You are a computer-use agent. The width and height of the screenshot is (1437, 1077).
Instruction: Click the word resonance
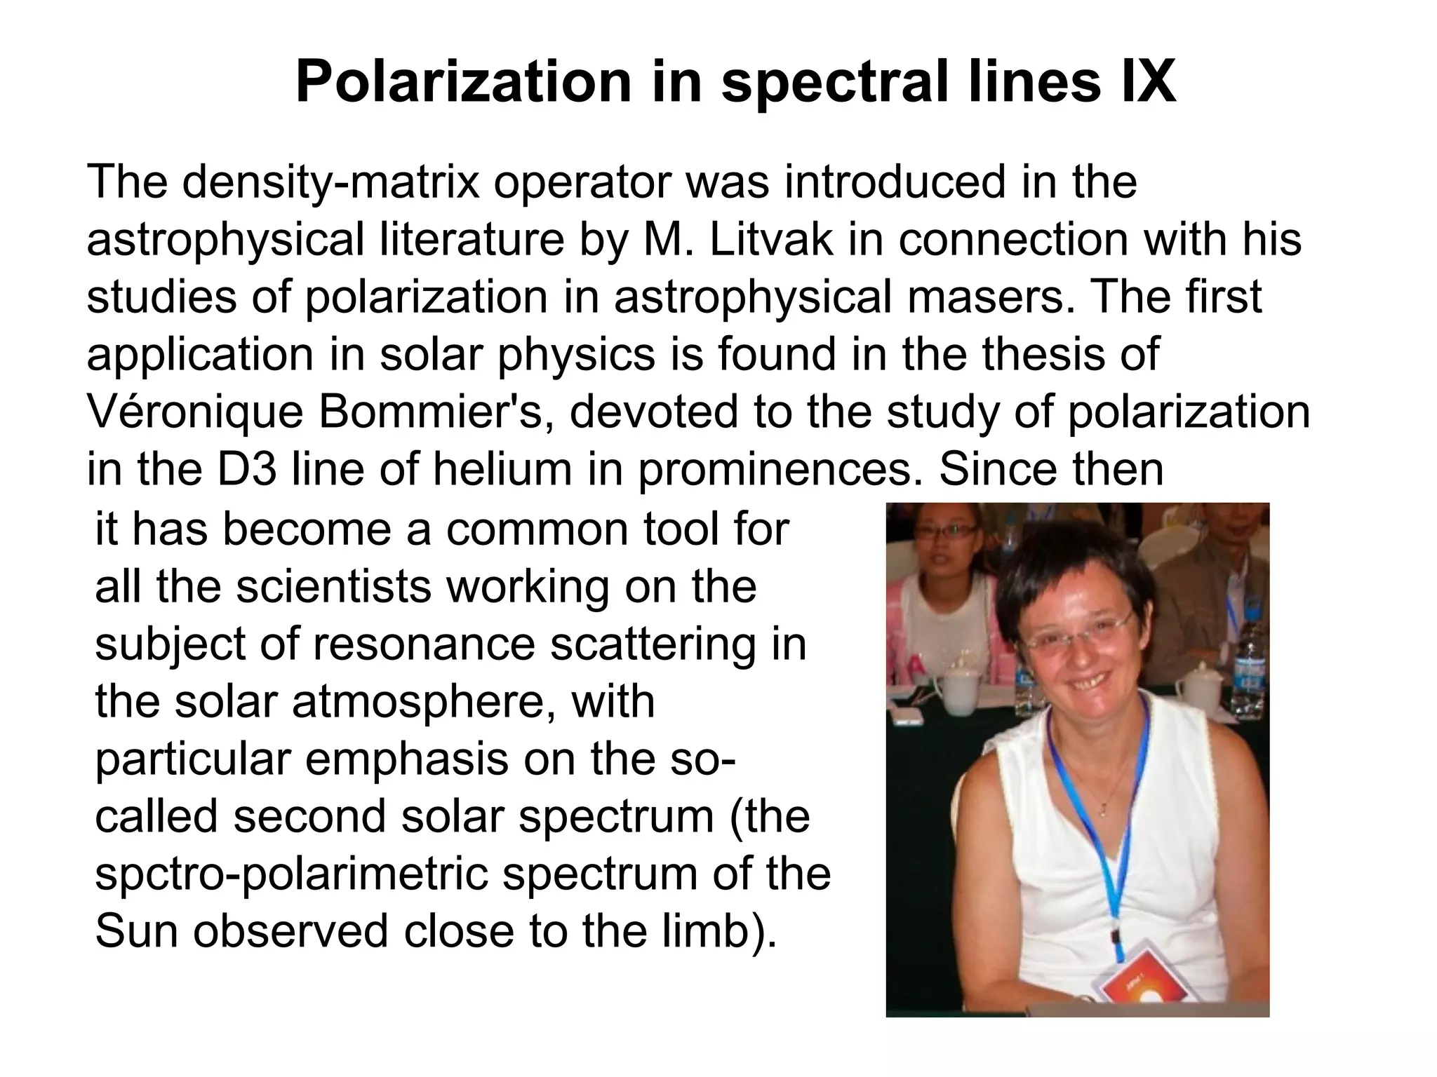click(x=424, y=644)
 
